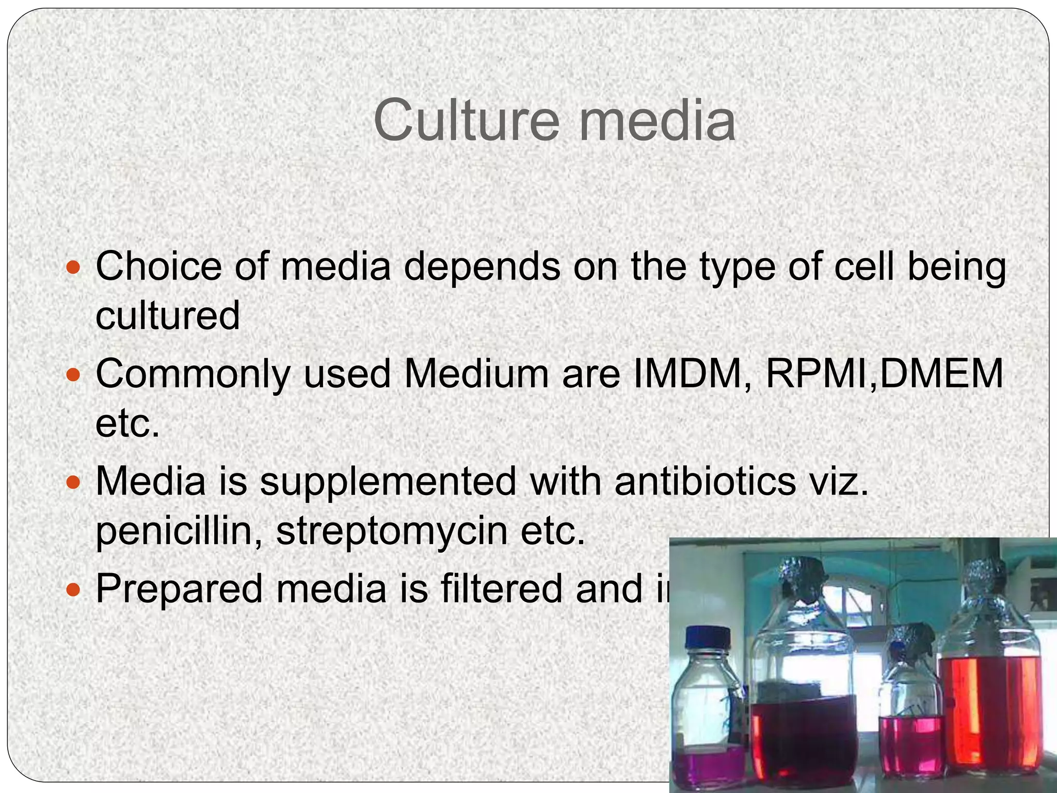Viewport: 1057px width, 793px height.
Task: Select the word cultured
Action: coord(168,316)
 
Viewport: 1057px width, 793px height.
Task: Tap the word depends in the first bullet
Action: coord(482,267)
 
